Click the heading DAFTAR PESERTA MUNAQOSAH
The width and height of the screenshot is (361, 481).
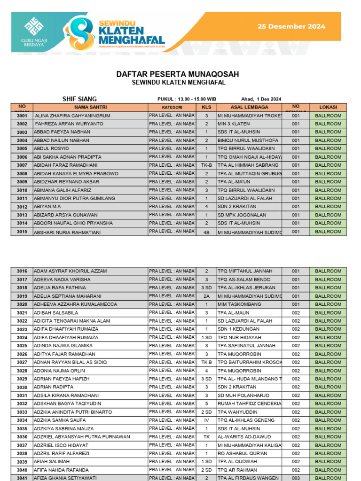point(178,74)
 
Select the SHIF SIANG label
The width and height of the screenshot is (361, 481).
point(79,99)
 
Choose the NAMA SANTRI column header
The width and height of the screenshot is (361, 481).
point(91,107)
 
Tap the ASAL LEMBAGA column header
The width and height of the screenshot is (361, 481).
point(249,107)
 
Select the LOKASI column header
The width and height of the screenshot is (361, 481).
point(328,107)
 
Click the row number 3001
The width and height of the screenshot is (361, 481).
point(22,116)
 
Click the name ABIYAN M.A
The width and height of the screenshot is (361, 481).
point(47,207)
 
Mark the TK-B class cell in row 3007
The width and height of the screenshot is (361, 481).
point(206,165)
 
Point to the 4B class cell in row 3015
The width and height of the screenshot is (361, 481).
point(206,232)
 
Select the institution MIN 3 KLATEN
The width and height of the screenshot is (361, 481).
point(234,124)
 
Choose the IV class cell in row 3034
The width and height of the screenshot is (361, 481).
point(206,420)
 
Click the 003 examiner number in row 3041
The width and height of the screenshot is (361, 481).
point(296,478)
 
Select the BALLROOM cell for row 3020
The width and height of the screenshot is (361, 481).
point(328,304)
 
